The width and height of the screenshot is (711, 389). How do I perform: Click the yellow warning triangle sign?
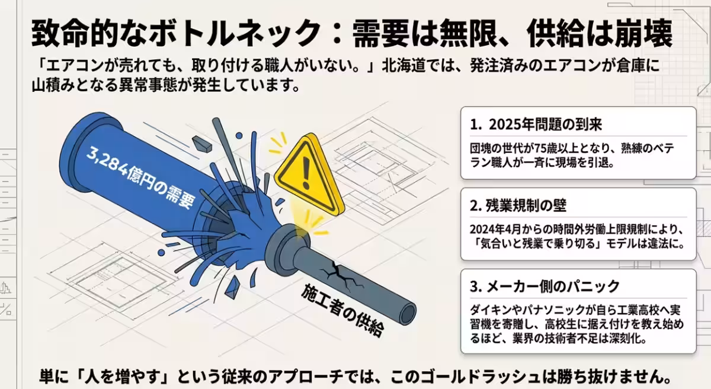(309, 176)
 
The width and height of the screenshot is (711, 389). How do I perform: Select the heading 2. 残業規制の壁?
(518, 206)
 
